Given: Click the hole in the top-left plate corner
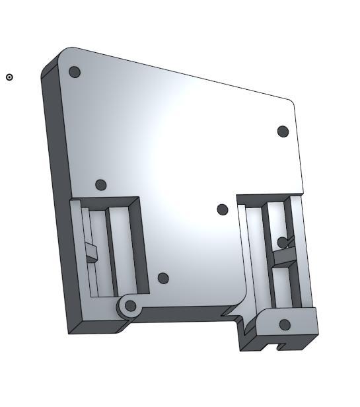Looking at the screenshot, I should (x=75, y=71).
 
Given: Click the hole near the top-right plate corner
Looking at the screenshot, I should (x=283, y=131).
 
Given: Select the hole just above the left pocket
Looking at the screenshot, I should (x=100, y=185).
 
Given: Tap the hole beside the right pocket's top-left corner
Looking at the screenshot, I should (x=223, y=209).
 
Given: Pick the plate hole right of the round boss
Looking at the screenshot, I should (x=163, y=279).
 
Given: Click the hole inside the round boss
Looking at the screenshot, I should (x=131, y=306).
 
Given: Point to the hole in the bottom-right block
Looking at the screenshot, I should (x=285, y=324).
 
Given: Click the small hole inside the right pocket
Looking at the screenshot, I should (x=282, y=242).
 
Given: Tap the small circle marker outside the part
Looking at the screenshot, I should (x=9, y=77).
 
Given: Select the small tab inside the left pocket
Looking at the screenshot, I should (x=91, y=252).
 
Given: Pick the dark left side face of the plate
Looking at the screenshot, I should (x=54, y=198).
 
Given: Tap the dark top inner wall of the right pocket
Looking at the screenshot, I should (x=268, y=198).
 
